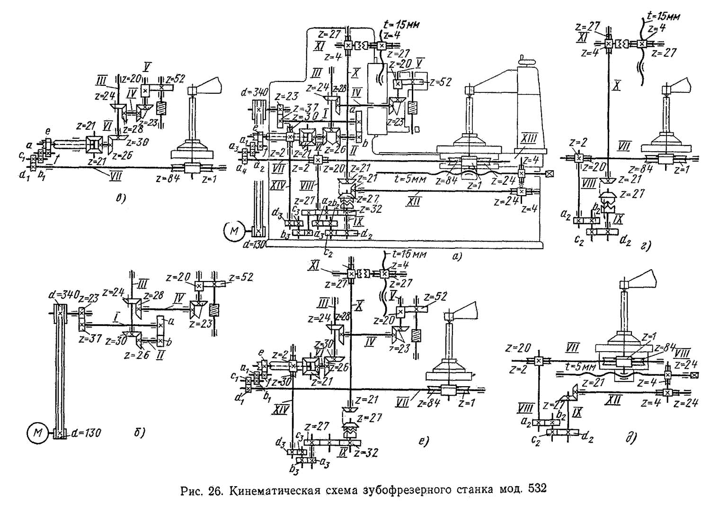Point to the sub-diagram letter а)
pos(457,257)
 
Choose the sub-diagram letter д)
pos(630,438)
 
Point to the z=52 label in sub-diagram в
pos(176,78)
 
